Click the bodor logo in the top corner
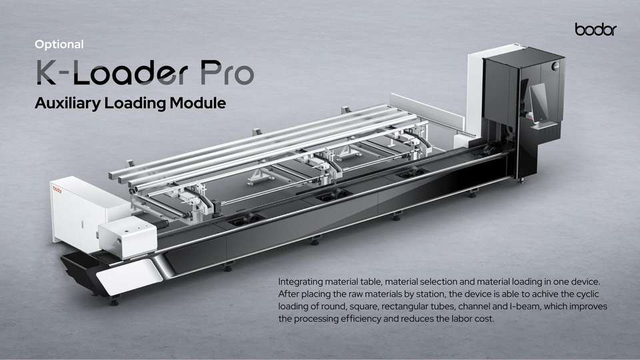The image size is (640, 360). pos(595,29)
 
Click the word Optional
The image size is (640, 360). pos(59,45)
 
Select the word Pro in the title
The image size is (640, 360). pos(227,73)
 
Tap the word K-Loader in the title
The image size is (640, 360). pos(112,73)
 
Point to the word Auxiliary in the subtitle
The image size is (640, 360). pos(67,103)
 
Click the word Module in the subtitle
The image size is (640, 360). pos(198,103)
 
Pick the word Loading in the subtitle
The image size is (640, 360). pos(135,103)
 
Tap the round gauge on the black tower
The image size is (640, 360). pos(555,66)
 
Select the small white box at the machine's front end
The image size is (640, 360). pos(128,237)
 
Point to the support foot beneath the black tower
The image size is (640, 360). pos(521,179)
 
